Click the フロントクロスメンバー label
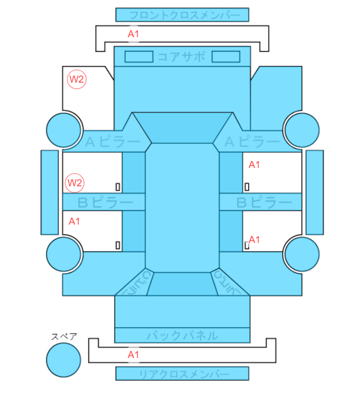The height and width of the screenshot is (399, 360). pos(185,15)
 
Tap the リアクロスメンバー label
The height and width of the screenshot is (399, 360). pos(184,374)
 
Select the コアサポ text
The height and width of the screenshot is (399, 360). pos(182,57)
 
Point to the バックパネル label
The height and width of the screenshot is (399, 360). pos(182,336)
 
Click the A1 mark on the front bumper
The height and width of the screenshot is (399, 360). pos(134,34)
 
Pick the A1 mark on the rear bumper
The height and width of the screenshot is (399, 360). pos(134,355)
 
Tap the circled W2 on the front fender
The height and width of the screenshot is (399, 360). pos(77,79)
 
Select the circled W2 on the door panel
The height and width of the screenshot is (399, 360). pos(75,183)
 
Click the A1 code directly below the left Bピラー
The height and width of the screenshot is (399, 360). pos(74,221)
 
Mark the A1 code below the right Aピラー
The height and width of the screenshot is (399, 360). pos(254,165)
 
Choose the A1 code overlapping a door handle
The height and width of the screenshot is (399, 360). pos(254,239)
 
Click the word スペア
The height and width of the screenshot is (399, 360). pos(64,337)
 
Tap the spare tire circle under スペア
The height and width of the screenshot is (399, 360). pos(64,360)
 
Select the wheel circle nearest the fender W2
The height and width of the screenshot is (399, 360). pos(64,130)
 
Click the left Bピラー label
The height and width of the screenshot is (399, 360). pos(105,202)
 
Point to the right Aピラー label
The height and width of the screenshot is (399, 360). pos(252,142)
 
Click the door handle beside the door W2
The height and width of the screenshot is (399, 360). pos(118,187)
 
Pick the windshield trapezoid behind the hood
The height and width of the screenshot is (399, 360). pos(182,128)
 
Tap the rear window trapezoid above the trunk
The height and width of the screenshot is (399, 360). pos(182,284)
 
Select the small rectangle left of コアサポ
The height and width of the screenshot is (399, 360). pos(139,57)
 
